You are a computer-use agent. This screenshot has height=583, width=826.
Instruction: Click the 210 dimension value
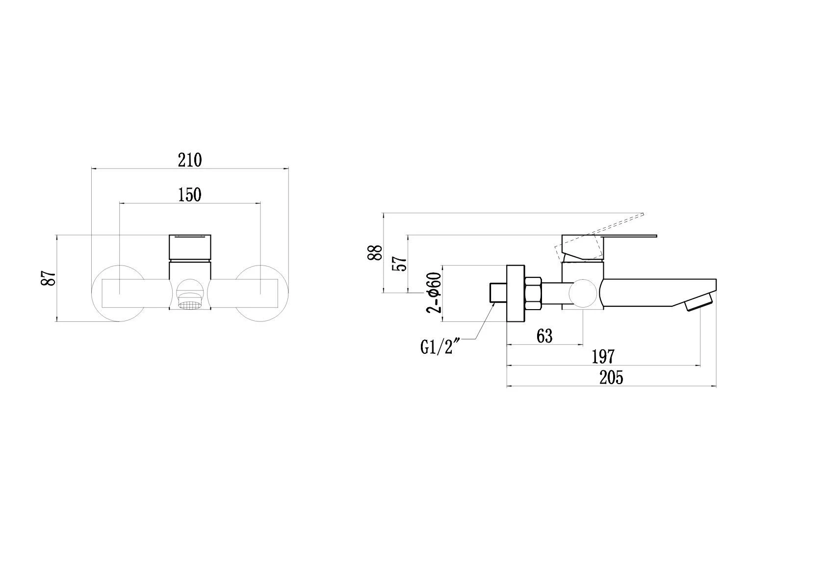click(190, 160)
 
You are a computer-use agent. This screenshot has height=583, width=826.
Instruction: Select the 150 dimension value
click(190, 195)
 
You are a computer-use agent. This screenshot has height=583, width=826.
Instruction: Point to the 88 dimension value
click(375, 253)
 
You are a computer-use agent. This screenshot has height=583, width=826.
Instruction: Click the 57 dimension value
click(399, 264)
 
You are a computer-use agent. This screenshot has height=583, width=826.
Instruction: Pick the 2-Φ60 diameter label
click(434, 292)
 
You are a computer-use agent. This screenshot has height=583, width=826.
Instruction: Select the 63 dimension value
click(544, 336)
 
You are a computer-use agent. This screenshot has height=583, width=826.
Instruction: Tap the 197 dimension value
click(603, 357)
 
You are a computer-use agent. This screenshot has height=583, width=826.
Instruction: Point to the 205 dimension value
click(611, 378)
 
